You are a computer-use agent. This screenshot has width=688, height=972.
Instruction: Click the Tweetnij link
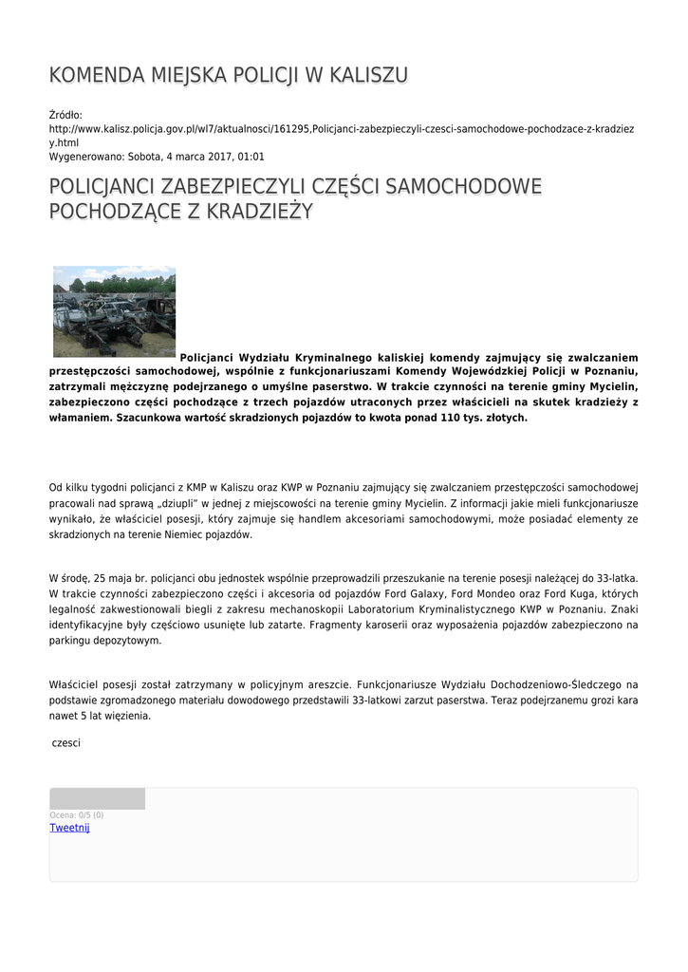pos(69,828)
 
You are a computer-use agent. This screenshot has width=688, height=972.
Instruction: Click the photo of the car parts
pos(114,311)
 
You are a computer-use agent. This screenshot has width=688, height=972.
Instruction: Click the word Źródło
pos(65,115)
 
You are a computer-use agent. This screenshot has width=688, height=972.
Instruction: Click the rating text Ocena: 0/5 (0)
pos(77,814)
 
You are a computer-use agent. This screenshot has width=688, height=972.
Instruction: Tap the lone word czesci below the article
pos(66,742)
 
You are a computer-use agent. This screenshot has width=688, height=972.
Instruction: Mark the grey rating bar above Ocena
pos(98,798)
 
